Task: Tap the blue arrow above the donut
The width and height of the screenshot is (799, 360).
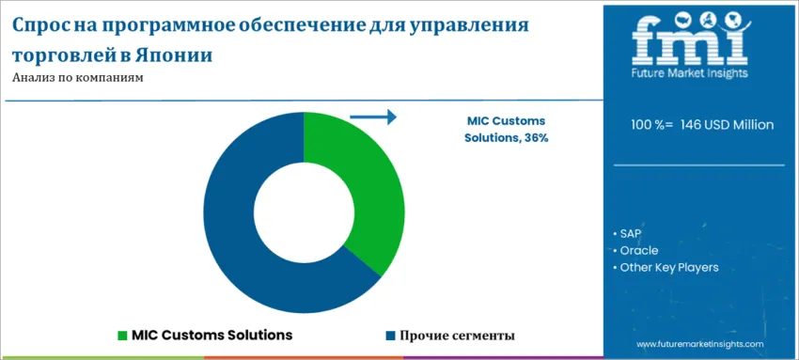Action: [x=373, y=117]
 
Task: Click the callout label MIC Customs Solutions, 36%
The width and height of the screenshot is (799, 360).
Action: [x=506, y=130]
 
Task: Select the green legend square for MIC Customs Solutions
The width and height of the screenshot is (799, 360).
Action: [x=122, y=336]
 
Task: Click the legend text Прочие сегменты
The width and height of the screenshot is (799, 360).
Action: [x=457, y=336]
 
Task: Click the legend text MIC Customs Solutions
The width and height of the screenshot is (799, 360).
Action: [x=211, y=336]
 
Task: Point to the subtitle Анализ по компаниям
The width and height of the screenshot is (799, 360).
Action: [x=78, y=78]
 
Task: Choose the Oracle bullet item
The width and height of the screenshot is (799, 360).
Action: [x=638, y=250]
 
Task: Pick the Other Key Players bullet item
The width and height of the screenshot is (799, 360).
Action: [x=668, y=268]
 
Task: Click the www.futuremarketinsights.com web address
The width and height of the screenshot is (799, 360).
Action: [x=701, y=345]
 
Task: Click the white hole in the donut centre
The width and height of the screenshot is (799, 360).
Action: [x=304, y=212]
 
